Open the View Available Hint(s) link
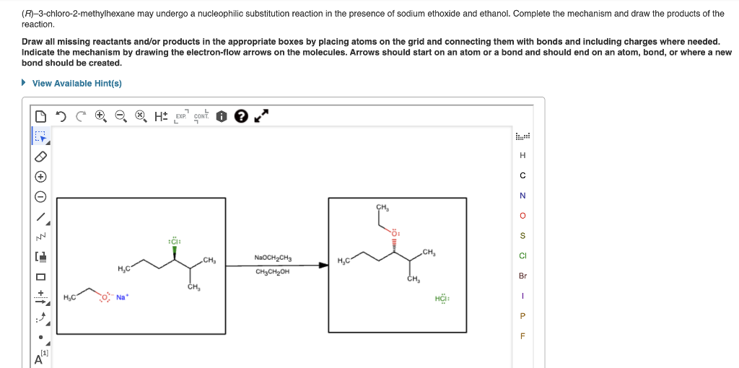76,84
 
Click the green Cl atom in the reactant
173,240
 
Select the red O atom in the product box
395,233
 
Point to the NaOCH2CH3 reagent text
273,257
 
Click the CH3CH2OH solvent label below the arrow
273,272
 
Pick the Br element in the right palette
522,276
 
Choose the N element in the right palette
522,196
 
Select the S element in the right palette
522,235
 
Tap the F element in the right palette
522,336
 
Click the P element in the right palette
522,315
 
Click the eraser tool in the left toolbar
41,156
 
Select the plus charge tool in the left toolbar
41,176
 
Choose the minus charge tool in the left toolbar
41,196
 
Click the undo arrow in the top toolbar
61,115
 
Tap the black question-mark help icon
242,115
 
